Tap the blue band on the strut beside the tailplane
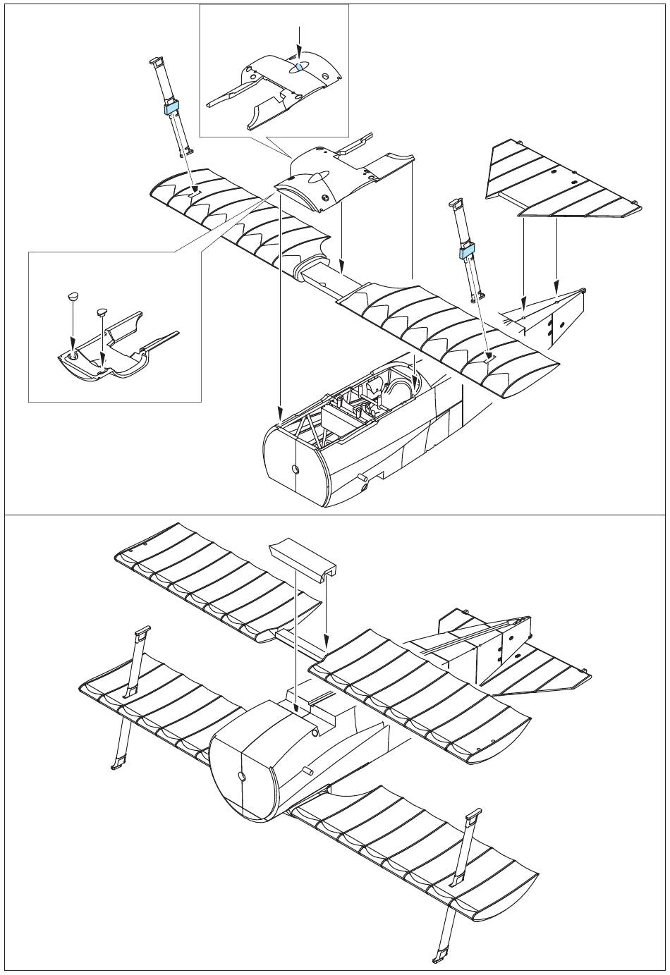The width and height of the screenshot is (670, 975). [466, 250]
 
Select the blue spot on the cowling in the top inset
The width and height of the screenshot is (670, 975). [299, 67]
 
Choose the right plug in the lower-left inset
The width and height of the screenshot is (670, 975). [101, 310]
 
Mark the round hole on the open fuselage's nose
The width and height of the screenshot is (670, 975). [296, 469]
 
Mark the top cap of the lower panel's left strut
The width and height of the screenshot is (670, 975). [140, 631]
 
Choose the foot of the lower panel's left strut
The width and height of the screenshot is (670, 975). [117, 764]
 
